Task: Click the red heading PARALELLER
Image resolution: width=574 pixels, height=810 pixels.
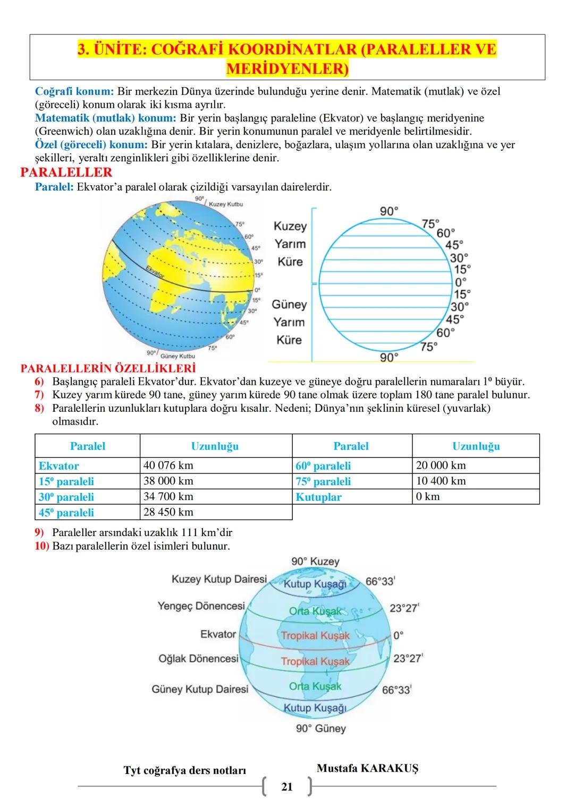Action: pyautogui.click(x=66, y=173)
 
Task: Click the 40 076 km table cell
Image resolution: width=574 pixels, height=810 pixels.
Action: pyautogui.click(x=168, y=466)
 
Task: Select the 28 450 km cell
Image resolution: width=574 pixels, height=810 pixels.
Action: pyautogui.click(x=168, y=512)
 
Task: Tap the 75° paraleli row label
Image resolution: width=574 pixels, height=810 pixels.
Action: pyautogui.click(x=323, y=481)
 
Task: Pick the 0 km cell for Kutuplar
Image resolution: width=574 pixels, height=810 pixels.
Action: pyautogui.click(x=428, y=497)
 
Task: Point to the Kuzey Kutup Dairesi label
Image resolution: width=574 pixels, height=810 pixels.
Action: pyautogui.click(x=219, y=579)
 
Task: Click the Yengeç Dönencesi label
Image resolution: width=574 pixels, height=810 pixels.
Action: pyautogui.click(x=201, y=606)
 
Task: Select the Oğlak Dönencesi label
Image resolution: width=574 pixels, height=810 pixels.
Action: pyautogui.click(x=198, y=659)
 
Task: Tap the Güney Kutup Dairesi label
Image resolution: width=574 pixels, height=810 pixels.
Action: pyautogui.click(x=200, y=690)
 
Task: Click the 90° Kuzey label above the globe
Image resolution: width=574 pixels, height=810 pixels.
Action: pyautogui.click(x=315, y=562)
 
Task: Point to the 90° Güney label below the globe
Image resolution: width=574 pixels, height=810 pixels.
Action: pyautogui.click(x=321, y=729)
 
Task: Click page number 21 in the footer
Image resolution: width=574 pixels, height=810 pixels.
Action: pyautogui.click(x=287, y=787)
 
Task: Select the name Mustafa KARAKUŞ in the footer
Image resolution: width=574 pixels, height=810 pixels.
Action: pyautogui.click(x=367, y=768)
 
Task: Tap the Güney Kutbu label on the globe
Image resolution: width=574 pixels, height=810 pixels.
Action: pyautogui.click(x=178, y=356)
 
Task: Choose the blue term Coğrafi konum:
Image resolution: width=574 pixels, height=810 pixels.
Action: pyautogui.click(x=74, y=91)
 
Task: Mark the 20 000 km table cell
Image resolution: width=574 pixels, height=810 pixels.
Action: pyautogui.click(x=441, y=466)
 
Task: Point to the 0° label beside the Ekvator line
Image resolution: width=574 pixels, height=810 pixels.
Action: pyautogui.click(x=399, y=635)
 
